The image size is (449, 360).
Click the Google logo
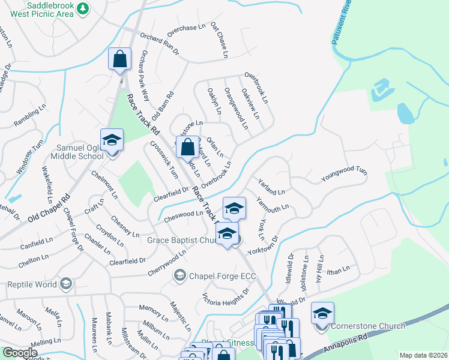click(x=20, y=353)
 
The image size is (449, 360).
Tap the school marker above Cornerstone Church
click(x=322, y=313)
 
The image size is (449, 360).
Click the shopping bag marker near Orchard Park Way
click(x=120, y=59)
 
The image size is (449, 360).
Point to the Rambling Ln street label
click(x=27, y=118)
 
